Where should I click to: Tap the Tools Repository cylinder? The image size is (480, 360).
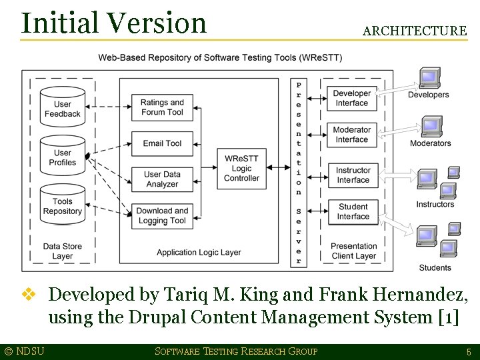(x=62, y=205)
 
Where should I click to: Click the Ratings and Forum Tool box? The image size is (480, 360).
(x=162, y=107)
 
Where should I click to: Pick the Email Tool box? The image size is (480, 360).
(x=162, y=143)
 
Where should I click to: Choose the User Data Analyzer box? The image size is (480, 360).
(x=162, y=179)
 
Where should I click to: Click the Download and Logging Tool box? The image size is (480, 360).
(x=162, y=215)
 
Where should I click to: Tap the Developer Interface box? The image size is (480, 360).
(x=351, y=99)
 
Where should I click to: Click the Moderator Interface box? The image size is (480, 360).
(x=351, y=135)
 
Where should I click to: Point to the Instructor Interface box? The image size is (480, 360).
(x=353, y=175)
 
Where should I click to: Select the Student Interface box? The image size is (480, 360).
(x=353, y=211)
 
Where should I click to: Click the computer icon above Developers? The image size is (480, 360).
(x=429, y=77)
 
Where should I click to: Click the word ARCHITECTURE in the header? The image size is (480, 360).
(x=415, y=31)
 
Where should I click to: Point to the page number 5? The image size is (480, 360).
(x=469, y=352)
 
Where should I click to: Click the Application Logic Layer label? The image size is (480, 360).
(x=199, y=253)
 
